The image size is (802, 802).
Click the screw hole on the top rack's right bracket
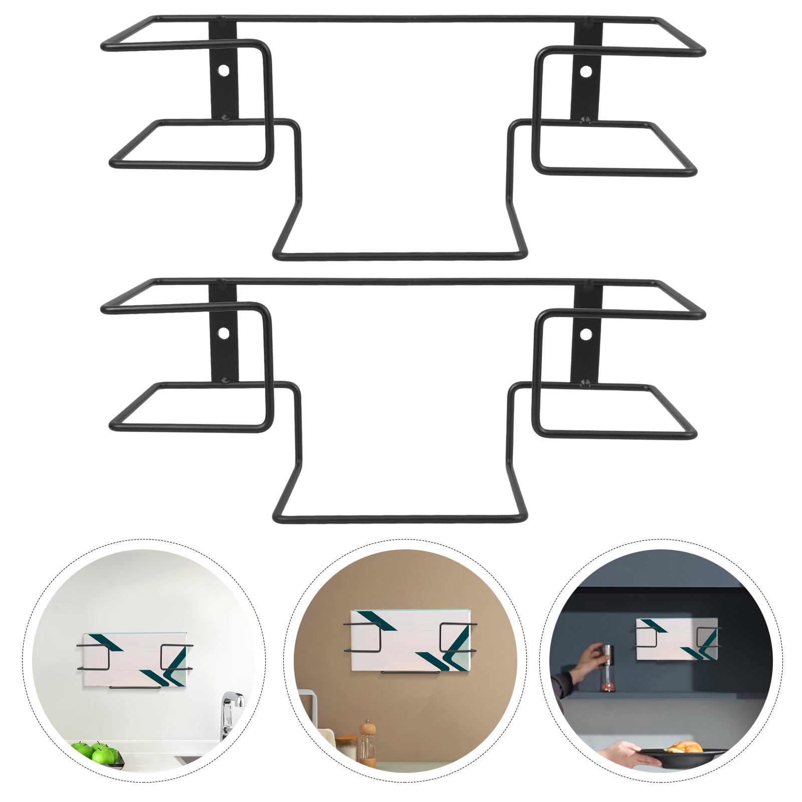pos(585,70)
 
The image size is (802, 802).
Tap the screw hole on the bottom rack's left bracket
pos(224,333)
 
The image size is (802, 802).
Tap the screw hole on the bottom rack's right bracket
pos(585,333)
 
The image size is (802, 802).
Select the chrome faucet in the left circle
pos(231,712)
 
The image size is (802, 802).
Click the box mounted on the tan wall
pos(410,641)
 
